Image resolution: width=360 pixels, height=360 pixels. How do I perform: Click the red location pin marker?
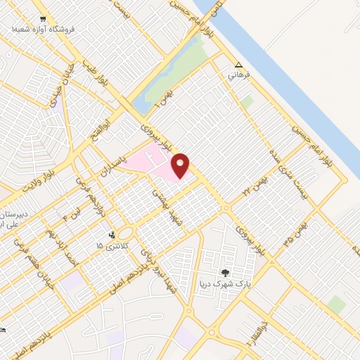(x=181, y=165)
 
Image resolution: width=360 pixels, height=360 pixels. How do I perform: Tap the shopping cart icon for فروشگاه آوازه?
(x=44, y=18)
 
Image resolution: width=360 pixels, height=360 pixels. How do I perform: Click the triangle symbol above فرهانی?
(x=238, y=63)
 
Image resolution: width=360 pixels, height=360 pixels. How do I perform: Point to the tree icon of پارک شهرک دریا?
(x=225, y=272)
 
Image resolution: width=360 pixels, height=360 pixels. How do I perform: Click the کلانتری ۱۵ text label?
(x=110, y=246)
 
